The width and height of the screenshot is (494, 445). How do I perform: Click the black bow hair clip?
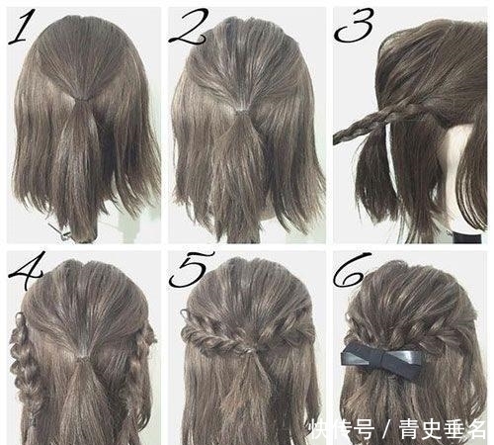click(381, 357)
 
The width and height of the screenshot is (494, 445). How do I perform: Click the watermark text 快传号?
click(336, 428)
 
